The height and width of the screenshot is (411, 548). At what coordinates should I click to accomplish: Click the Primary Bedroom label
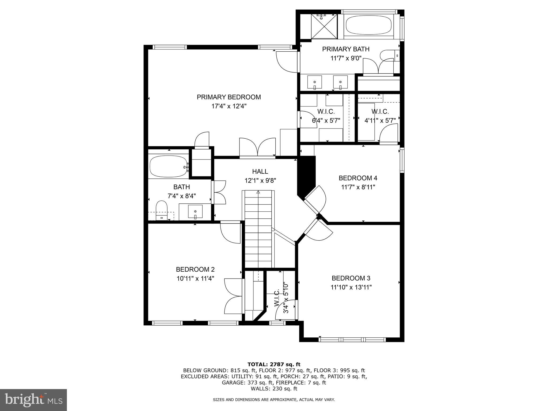click(229, 97)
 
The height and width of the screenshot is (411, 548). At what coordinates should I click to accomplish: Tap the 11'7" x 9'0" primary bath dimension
click(346, 58)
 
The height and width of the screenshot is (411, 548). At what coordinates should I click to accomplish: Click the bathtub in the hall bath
click(168, 166)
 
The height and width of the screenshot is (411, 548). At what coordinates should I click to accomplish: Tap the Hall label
click(260, 172)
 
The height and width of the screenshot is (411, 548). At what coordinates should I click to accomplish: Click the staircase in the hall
click(258, 227)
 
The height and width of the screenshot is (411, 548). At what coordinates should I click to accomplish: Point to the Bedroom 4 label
click(358, 178)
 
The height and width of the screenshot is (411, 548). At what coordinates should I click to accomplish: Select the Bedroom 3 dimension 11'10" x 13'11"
click(351, 287)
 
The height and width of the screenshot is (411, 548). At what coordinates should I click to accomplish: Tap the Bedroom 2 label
click(195, 269)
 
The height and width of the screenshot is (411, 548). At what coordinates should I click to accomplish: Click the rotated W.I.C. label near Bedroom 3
click(277, 298)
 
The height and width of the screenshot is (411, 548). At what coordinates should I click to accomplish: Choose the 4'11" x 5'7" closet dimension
click(380, 120)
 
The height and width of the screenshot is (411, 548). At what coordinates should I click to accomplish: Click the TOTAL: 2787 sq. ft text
click(274, 364)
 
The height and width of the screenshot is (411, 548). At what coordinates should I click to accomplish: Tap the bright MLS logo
click(33, 400)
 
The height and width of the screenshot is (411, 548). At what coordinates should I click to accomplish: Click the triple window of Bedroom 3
click(352, 340)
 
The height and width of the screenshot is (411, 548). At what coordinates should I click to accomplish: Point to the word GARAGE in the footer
click(232, 383)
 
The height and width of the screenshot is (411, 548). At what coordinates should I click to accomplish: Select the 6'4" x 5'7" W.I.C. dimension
click(326, 120)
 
